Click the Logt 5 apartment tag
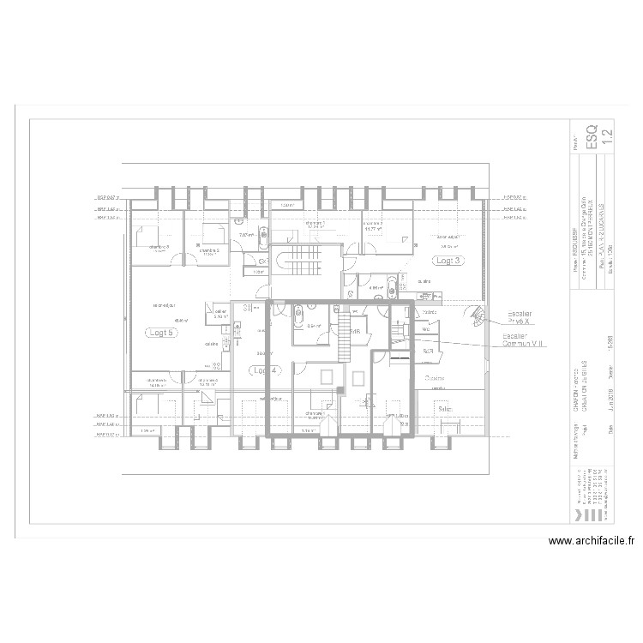pyautogui.click(x=159, y=334)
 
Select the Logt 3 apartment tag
pyautogui.click(x=448, y=260)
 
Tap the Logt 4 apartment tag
pyautogui.click(x=265, y=370)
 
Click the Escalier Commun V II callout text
pyautogui.click(x=524, y=340)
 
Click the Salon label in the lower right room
pyautogui.click(x=445, y=409)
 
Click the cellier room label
pyautogui.click(x=220, y=312)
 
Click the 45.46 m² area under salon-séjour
pyautogui.click(x=159, y=320)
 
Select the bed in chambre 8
pyautogui.click(x=144, y=235)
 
